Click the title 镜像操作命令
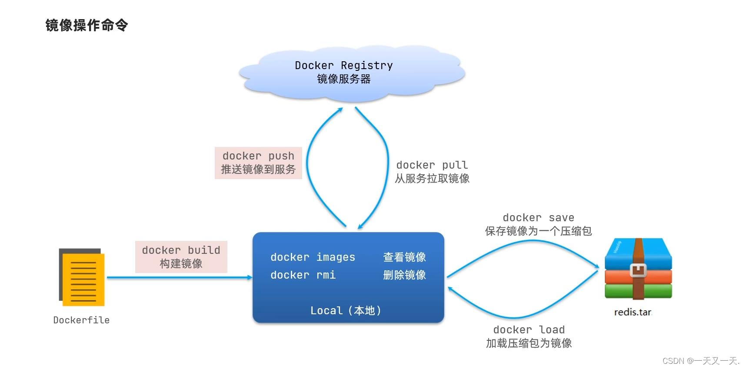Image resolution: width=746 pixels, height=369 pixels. [87, 25]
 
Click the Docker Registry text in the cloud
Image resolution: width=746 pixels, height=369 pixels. [343, 65]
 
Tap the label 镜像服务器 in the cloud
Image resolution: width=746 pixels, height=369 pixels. [343, 79]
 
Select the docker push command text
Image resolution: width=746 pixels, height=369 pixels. [258, 156]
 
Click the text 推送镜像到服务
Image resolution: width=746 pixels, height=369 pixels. [258, 170]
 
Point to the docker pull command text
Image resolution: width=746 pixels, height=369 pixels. [432, 165]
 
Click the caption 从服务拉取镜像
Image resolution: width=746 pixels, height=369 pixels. [432, 179]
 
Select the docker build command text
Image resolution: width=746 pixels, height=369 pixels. [181, 250]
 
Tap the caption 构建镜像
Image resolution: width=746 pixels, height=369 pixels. [181, 264]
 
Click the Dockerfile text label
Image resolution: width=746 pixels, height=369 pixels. [81, 320]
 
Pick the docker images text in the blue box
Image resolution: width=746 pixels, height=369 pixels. [313, 257]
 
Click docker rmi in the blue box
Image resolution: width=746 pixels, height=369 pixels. [303, 275]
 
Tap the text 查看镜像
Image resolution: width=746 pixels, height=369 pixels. [404, 257]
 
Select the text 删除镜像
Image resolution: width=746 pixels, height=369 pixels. [404, 275]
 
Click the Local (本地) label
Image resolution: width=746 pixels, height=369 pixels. [346, 311]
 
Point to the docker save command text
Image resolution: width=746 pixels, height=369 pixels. [538, 218]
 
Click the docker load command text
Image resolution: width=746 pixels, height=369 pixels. [529, 330]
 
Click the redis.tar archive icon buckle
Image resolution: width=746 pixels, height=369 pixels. [638, 270]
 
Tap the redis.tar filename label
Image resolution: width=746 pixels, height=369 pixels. [633, 312]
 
